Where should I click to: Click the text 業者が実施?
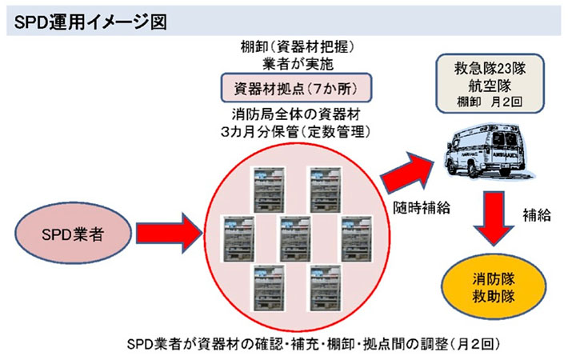coord(295,62)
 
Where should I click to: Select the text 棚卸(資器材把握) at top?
coord(295,46)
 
